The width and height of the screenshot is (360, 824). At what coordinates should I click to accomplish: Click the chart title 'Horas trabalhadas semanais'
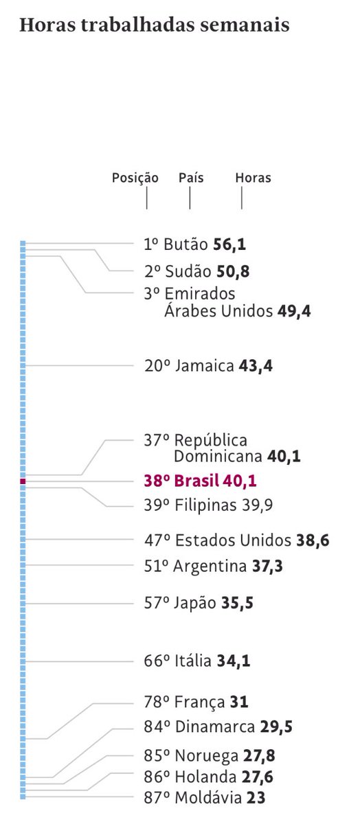154,25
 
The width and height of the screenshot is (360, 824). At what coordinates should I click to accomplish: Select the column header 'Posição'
135,178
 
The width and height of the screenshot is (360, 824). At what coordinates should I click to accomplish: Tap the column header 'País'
190,178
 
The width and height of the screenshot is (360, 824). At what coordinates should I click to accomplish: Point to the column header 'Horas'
253,178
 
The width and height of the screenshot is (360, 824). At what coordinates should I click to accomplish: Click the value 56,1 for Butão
229,244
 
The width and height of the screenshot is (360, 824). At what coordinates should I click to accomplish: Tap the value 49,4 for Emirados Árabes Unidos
294,312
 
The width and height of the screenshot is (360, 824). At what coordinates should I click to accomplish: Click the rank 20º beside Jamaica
157,366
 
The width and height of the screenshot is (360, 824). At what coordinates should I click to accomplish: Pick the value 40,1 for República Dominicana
284,456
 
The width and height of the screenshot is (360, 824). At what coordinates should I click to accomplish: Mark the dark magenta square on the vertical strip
23,481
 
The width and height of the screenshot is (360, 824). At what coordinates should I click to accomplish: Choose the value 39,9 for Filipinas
257,505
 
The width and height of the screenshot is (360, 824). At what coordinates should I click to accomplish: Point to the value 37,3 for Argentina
267,566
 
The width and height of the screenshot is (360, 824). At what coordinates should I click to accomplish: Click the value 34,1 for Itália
234,661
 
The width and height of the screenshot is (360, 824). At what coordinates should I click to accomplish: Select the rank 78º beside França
156,702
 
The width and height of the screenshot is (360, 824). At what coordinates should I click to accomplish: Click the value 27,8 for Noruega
260,756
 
